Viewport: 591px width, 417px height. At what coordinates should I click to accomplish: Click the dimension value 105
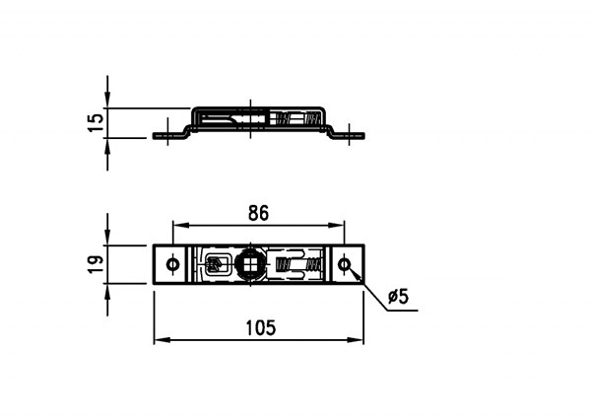coord(261,327)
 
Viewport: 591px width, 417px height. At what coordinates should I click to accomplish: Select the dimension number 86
coord(258,213)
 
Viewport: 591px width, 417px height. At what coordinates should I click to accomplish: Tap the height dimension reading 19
coord(96,264)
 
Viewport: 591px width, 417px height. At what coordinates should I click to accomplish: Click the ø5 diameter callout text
coord(398,297)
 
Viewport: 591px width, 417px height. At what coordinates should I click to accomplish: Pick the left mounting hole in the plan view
coord(173,264)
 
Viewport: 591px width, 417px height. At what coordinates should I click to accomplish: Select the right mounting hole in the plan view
coord(344,264)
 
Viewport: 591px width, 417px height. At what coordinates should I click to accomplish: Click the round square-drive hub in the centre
coord(250,264)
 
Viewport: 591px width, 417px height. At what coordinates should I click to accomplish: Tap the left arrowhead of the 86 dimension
coord(180,226)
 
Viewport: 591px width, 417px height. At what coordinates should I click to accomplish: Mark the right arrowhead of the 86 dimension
coord(337,226)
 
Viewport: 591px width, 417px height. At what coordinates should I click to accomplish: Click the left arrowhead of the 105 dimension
coord(162,340)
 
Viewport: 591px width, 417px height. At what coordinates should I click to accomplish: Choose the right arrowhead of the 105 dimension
coord(356,340)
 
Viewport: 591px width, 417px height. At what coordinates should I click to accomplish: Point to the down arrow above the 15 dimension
coord(107,100)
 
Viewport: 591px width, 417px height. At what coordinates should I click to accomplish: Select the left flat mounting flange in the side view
coord(168,135)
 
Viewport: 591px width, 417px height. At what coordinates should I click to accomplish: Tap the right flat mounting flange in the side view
coord(349,135)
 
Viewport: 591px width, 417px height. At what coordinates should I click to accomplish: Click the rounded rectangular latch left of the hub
coord(219,264)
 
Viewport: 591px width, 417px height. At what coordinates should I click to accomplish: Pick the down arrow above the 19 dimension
coord(107,237)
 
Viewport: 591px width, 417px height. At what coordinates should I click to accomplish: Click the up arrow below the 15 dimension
coord(107,147)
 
